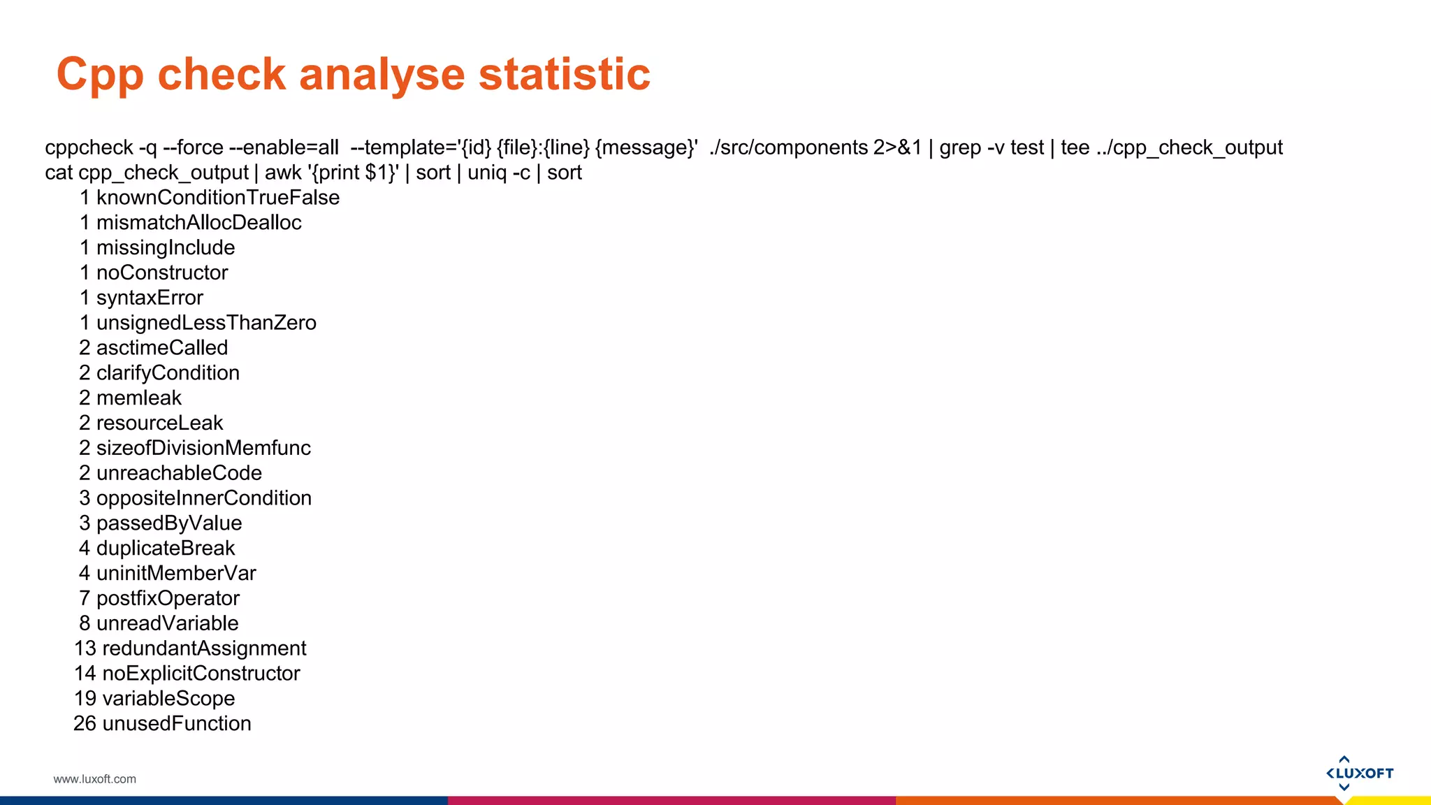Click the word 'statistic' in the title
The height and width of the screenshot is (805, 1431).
[564, 74]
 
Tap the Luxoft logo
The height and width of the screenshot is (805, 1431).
[1359, 773]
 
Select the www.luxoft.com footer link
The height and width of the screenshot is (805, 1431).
[95, 779]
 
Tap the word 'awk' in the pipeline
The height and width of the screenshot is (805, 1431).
[283, 173]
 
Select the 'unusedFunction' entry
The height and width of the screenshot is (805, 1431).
[177, 723]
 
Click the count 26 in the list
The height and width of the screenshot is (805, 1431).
[85, 723]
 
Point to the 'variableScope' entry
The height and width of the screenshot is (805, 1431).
[168, 698]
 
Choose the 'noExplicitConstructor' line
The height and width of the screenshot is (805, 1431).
[201, 673]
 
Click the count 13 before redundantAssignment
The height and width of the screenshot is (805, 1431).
[85, 648]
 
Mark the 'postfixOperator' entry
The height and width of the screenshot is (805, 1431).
[168, 598]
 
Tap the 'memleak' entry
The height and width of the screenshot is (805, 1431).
[139, 398]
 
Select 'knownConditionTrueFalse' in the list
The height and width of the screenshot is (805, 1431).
[218, 198]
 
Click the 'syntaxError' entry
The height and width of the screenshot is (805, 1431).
[150, 298]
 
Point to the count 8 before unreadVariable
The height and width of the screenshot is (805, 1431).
[85, 623]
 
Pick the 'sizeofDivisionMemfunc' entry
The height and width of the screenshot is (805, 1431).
[203, 448]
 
